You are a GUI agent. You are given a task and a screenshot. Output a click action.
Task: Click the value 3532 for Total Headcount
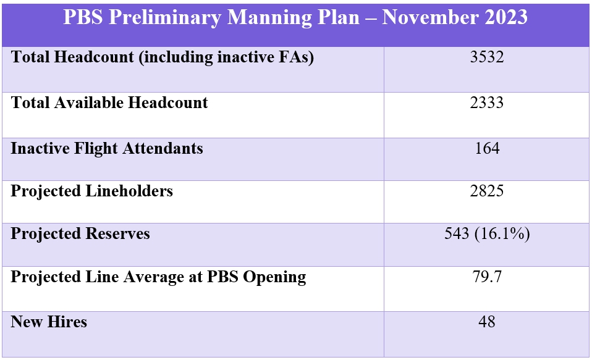(x=487, y=57)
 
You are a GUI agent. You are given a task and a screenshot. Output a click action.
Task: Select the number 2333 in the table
(x=487, y=103)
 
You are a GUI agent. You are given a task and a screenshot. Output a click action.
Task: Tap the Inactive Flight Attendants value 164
(x=487, y=148)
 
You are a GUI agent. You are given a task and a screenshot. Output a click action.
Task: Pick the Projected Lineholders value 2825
(x=487, y=191)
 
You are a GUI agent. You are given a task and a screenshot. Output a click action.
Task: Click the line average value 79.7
(x=487, y=277)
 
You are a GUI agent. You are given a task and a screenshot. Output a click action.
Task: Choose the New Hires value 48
(x=487, y=322)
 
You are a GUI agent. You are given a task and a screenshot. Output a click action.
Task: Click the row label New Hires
(x=49, y=322)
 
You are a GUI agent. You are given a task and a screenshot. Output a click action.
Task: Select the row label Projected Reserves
(x=80, y=234)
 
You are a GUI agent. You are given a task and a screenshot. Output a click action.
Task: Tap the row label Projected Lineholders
(x=91, y=191)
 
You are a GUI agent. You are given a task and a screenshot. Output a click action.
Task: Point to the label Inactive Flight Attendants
(x=107, y=148)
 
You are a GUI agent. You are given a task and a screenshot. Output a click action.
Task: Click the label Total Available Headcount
(x=109, y=103)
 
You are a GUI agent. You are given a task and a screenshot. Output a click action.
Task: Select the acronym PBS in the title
(x=83, y=17)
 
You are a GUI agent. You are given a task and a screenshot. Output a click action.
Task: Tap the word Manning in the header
(x=269, y=18)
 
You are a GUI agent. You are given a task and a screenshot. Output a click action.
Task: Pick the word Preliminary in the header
(x=164, y=18)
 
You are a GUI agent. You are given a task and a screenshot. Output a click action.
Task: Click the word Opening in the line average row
(x=274, y=277)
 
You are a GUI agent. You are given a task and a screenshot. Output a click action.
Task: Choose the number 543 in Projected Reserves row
(x=457, y=234)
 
